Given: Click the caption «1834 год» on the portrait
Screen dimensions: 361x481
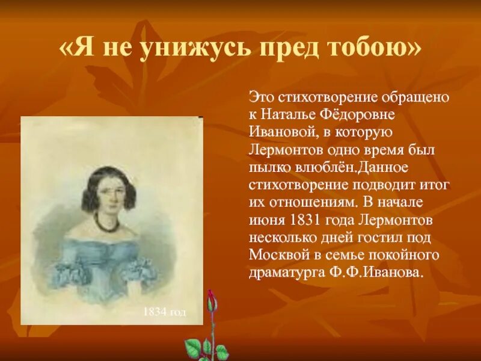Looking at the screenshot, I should point(164,312).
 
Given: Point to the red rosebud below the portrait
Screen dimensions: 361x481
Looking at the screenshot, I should point(210,301).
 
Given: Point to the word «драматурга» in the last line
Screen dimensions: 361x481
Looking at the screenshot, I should point(285,272).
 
